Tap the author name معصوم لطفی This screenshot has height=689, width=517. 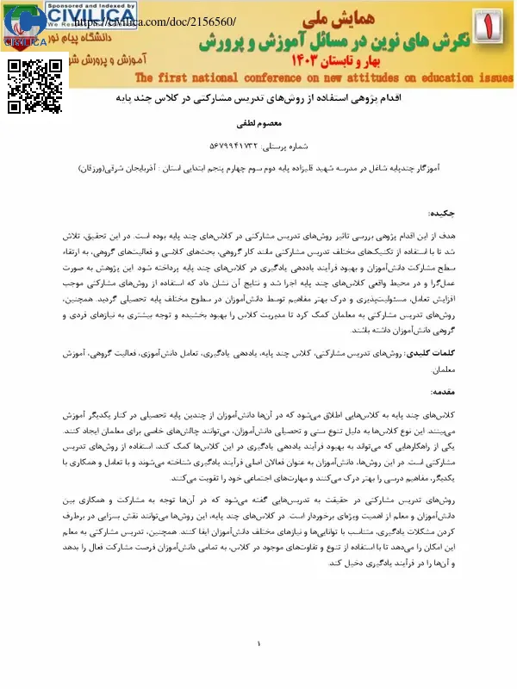click(x=258, y=121)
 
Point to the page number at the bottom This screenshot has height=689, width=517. click(x=258, y=644)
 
